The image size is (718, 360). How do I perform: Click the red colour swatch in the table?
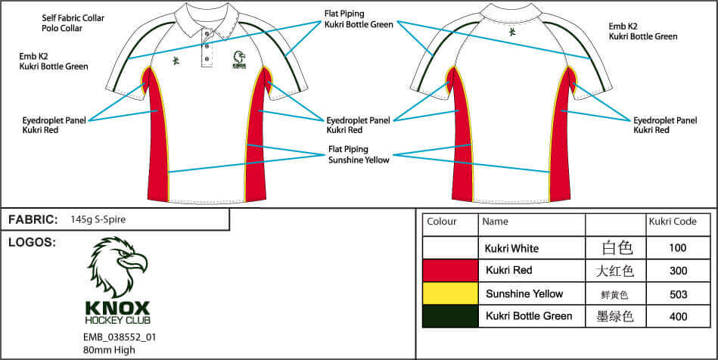coord(450,271)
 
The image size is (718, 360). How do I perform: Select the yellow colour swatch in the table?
coord(450,293)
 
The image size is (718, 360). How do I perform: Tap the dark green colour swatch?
coord(450,316)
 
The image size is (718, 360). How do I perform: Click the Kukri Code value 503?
coord(678,294)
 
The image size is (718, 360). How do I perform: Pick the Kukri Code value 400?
coord(678,316)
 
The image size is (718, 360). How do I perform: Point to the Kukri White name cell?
coord(511,249)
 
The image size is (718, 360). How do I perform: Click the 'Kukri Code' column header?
coord(673,222)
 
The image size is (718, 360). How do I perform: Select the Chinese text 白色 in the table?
coord(617,248)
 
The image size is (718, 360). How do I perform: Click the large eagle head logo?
coord(118,266)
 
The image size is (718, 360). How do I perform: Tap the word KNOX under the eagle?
coord(118,307)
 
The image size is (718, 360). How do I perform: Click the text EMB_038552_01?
coord(120,337)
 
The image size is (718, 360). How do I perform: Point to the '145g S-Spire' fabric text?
coord(98,219)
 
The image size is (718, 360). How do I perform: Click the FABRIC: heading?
coord(33,220)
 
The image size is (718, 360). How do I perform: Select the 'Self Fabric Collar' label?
coord(73,18)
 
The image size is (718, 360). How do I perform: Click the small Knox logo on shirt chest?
coord(239,60)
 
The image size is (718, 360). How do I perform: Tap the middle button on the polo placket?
coord(207,46)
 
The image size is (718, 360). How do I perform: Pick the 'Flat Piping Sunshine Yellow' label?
coord(359,154)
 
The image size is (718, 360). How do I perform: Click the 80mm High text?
coord(109,350)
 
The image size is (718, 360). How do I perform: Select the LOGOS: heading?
coord(32,243)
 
